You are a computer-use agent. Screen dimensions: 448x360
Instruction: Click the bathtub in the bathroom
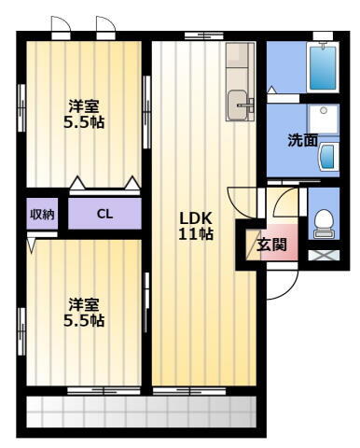(x=323, y=65)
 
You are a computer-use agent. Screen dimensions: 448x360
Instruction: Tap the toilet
(x=323, y=222)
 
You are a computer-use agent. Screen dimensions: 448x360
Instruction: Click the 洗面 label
(x=301, y=141)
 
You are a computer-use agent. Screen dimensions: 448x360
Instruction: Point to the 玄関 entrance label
(x=271, y=245)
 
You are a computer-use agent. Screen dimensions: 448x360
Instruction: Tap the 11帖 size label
(x=196, y=234)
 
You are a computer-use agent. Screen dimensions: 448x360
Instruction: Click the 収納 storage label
(x=42, y=215)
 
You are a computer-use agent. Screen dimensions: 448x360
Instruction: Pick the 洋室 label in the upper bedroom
(x=85, y=105)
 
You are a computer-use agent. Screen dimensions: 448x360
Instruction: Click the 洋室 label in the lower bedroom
(x=85, y=304)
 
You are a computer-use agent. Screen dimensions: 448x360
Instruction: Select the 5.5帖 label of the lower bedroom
(x=85, y=321)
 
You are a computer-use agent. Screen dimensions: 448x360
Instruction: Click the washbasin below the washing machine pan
(x=328, y=158)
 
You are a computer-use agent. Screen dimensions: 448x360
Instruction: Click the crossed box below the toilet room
(x=323, y=253)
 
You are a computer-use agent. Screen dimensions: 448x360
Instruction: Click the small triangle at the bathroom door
(x=271, y=91)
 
